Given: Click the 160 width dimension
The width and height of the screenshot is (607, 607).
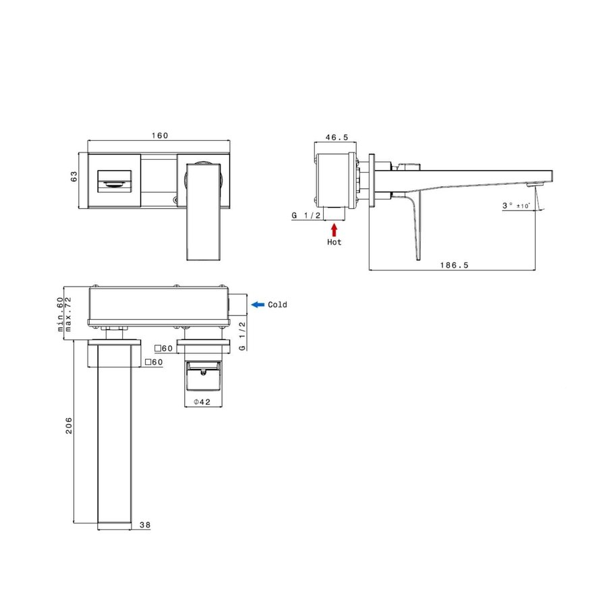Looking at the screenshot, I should tap(159, 136).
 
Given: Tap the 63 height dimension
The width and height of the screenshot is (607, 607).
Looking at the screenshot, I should tap(75, 176).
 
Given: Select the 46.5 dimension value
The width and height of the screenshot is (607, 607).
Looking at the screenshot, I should tap(337, 137).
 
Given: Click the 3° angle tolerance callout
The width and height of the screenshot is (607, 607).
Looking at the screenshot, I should tap(517, 205).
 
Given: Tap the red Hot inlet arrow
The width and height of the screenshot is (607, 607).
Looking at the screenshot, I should tap(334, 229).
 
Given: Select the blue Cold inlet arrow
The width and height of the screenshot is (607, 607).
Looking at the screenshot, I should tap(257, 305).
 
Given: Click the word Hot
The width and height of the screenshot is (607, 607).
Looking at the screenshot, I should tap(334, 242).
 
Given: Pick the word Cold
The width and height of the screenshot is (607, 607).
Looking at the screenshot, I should tap(277, 305).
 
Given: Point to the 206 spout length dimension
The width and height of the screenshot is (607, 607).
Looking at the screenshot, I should tap(68, 426).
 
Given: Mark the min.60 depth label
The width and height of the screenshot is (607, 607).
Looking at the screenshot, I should tap(60, 315).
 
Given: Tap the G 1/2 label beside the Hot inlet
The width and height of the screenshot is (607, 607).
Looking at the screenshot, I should tap(306, 215).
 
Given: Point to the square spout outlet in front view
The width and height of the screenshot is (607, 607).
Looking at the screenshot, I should tap(116, 180).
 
